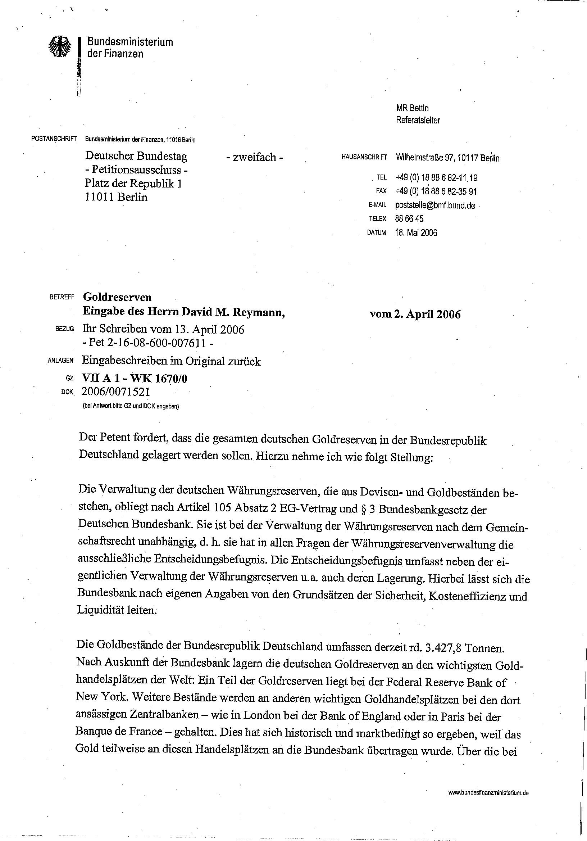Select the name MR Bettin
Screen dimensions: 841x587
pos(412,108)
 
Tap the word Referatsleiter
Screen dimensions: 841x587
pos(418,120)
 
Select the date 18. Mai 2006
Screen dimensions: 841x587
pos(416,233)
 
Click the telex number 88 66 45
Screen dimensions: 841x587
pos(409,219)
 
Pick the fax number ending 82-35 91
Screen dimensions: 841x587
pos(436,191)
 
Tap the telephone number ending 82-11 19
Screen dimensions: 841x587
pos(436,178)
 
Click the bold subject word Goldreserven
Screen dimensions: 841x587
pos(117,297)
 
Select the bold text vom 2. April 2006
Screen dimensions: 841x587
pos(415,314)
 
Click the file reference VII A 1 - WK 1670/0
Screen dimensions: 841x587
pos(135,378)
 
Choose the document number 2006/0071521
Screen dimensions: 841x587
pos(116,392)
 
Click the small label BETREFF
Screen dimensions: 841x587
pos(62,297)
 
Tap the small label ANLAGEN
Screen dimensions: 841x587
pos(61,361)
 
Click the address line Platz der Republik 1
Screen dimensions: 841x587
pos(133,184)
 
